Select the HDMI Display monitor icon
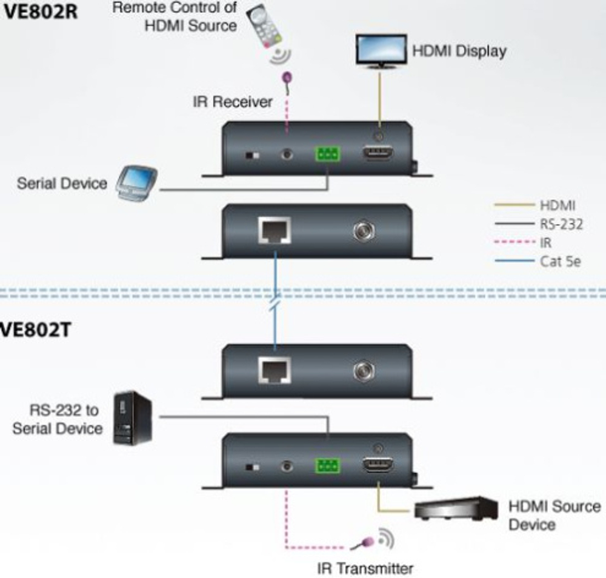pyautogui.click(x=380, y=49)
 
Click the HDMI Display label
pyautogui.click(x=459, y=51)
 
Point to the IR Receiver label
pyautogui.click(x=232, y=102)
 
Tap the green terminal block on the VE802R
pyautogui.click(x=327, y=154)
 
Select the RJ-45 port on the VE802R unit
pyautogui.click(x=275, y=231)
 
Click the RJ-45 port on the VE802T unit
pyautogui.click(x=275, y=370)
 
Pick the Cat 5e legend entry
pyautogui.click(x=561, y=262)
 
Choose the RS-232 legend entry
pyautogui.click(x=561, y=225)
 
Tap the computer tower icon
pyautogui.click(x=133, y=417)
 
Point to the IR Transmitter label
pyautogui.click(x=365, y=568)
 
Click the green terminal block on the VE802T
pyautogui.click(x=327, y=467)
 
